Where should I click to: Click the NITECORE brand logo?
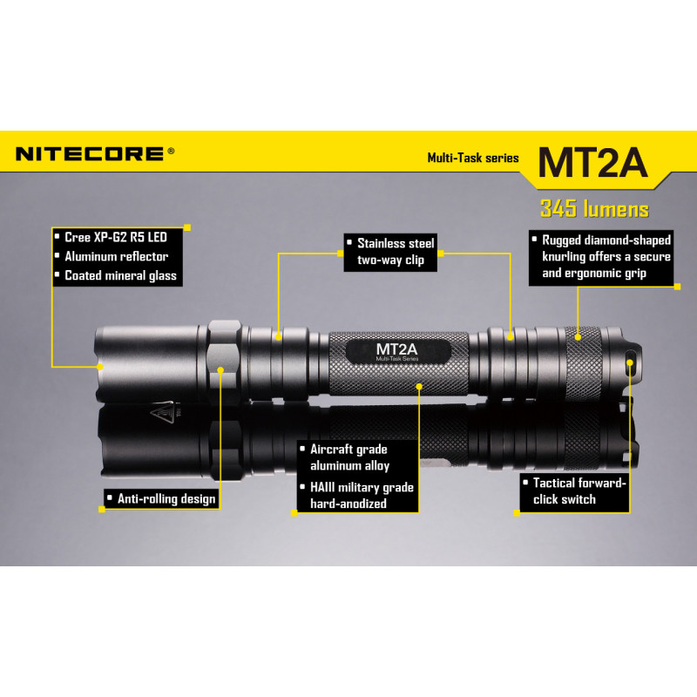click(x=90, y=154)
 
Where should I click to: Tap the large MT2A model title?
click(x=592, y=163)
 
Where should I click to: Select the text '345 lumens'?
click(x=594, y=209)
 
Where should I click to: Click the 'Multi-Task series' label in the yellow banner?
click(x=473, y=158)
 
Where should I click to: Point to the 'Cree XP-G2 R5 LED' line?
click(x=116, y=237)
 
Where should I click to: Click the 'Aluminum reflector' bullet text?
click(x=117, y=256)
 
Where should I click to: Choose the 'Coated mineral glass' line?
click(x=120, y=276)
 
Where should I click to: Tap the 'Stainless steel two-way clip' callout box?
click(x=390, y=253)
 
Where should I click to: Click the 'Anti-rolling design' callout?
click(x=162, y=498)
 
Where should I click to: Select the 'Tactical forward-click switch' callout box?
click(x=574, y=491)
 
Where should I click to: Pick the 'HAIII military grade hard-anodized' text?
click(x=362, y=496)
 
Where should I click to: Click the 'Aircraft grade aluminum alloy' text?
click(x=349, y=457)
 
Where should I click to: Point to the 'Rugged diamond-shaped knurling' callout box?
click(x=601, y=257)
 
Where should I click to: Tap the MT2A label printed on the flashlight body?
click(x=397, y=349)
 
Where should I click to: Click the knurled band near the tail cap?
click(x=583, y=362)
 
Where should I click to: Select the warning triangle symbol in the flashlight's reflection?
click(x=162, y=413)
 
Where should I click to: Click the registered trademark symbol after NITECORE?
click(x=171, y=151)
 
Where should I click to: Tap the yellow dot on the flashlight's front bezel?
click(x=100, y=367)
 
